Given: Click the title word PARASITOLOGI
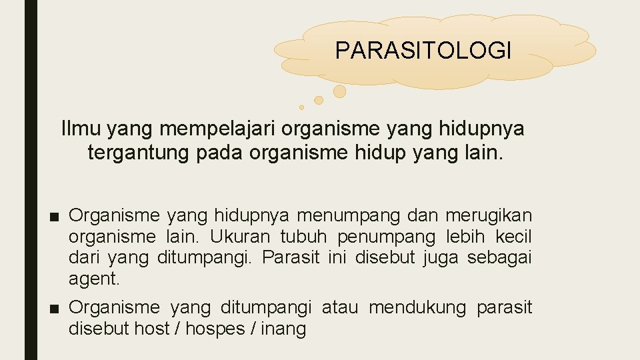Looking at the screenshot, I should tap(423, 50).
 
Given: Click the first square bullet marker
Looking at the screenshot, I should tap(57, 216).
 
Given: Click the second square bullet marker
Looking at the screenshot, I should tap(57, 308).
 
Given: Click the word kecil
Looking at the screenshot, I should tap(514, 237).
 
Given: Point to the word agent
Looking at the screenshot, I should tap(94, 279).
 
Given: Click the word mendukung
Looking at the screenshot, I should tap(417, 307).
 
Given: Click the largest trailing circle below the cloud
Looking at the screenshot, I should tap(339, 91).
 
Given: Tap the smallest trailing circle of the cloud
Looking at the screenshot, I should tap(301, 107).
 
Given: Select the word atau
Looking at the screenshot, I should tap(340, 307).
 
